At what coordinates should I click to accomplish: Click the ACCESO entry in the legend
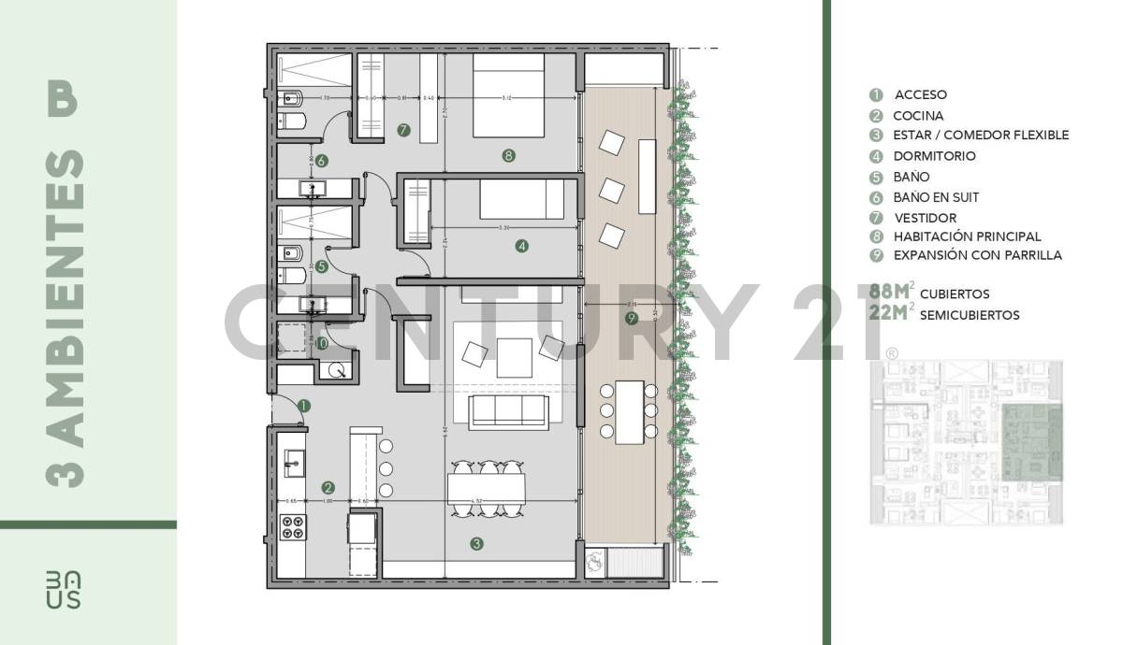point(920,94)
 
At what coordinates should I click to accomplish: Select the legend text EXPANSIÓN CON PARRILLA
point(977,255)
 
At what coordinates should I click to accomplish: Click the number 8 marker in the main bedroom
point(508,156)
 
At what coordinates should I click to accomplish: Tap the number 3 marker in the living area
point(476,544)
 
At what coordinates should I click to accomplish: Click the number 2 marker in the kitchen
point(328,487)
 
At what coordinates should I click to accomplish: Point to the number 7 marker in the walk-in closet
point(403,130)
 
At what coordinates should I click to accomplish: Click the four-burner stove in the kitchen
point(292,527)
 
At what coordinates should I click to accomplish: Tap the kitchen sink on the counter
point(292,460)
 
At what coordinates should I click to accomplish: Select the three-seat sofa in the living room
point(508,411)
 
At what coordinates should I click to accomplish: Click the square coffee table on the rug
point(514,356)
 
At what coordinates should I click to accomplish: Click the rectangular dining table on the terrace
point(627,411)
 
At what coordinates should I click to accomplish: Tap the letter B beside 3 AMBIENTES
point(63,100)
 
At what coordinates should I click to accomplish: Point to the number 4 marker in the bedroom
point(521,247)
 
